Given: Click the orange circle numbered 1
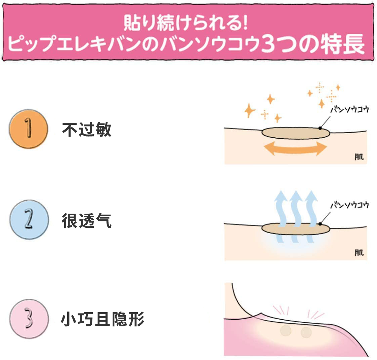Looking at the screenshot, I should [29, 129].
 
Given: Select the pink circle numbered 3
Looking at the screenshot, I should [29, 319].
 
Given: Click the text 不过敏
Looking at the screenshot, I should [87, 130].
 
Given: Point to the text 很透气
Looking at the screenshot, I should [87, 221].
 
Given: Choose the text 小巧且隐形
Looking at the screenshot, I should [103, 319].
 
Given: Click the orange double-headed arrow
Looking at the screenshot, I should [296, 148].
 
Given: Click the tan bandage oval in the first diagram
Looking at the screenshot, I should [296, 133].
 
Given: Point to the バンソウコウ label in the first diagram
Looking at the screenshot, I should [349, 110].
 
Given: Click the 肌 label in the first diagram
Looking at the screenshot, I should [359, 157].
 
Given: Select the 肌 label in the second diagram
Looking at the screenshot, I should [359, 253].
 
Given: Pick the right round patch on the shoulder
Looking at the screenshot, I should [306, 332].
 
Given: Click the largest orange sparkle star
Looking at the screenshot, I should [249, 110].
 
